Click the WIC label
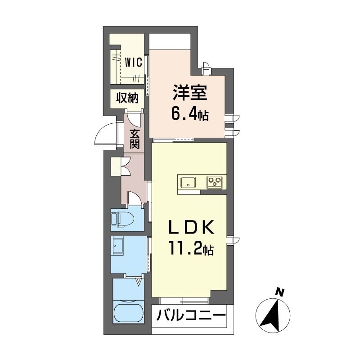[133, 62]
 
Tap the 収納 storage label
[127, 99]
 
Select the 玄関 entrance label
[134, 139]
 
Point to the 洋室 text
[190, 93]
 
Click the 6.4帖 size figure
[190, 115]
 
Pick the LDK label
[191, 227]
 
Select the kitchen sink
[188, 183]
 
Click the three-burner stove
[215, 183]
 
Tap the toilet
[122, 219]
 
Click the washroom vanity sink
[117, 246]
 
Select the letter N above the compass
[280, 292]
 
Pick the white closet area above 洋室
[170, 41]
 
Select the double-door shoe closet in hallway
[121, 166]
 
